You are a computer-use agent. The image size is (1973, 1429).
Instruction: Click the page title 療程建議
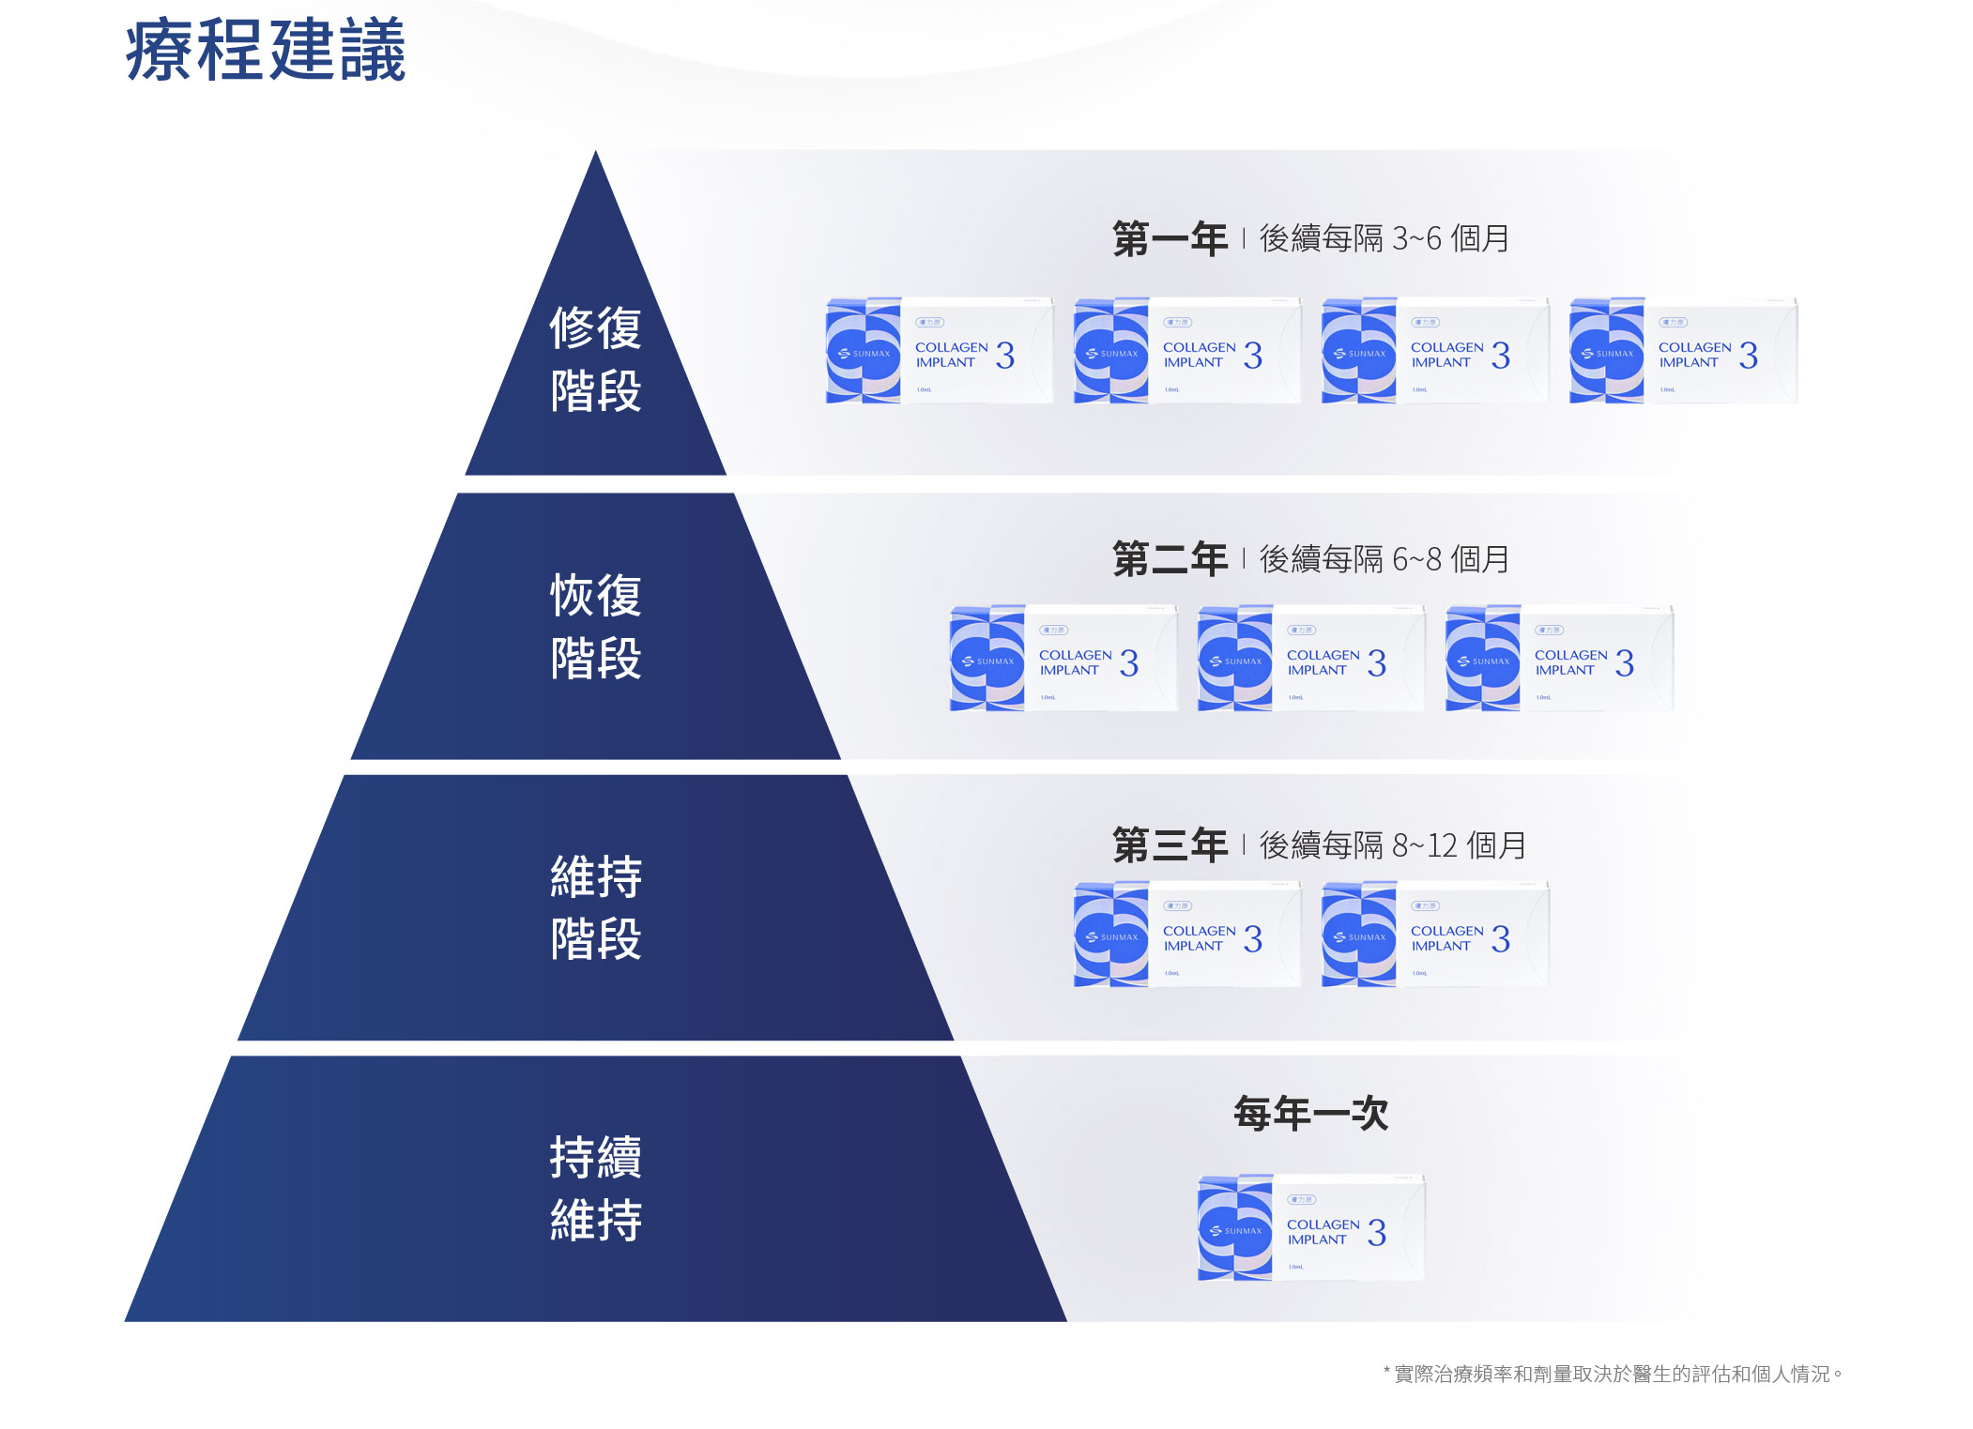[266, 51]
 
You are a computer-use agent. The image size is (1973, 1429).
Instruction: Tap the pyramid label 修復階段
[595, 358]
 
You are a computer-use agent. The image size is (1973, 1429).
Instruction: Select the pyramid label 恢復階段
[595, 626]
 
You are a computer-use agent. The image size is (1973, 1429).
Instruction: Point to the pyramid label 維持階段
[595, 906]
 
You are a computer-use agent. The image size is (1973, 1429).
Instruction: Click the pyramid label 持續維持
[595, 1188]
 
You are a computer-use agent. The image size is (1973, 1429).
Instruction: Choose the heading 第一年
[1170, 239]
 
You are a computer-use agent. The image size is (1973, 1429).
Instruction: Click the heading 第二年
[1170, 560]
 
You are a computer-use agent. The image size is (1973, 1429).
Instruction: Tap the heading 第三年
[1170, 846]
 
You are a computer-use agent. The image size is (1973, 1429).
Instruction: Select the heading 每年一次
[1310, 1114]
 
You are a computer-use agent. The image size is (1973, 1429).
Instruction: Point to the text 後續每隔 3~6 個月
[1384, 239]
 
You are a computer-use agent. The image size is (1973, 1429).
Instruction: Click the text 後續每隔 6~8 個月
[1384, 560]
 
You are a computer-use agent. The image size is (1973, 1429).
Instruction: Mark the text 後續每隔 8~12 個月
[1392, 846]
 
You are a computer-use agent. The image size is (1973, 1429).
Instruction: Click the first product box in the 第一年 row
[940, 351]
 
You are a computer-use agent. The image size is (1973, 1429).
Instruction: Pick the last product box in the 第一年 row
[1683, 351]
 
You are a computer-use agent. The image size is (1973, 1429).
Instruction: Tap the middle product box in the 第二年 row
[1311, 659]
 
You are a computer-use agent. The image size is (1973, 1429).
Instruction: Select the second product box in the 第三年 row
[1435, 935]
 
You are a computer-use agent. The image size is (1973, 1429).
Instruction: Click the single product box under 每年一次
[1311, 1228]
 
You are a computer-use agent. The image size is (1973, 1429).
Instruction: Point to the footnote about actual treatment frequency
[1613, 1375]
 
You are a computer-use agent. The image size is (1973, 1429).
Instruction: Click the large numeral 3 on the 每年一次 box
[1377, 1233]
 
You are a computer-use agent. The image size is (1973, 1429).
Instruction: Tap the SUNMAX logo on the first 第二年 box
[988, 661]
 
